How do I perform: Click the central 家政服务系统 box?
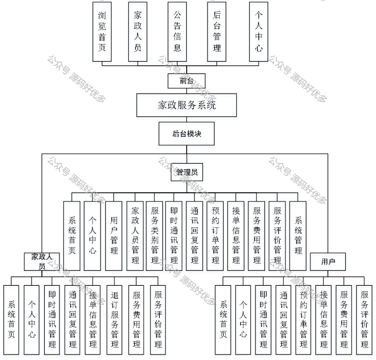[187, 105]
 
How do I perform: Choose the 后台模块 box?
[187, 134]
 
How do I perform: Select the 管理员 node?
[187, 172]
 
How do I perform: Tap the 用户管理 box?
[114, 235]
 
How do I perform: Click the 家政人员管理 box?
[135, 235]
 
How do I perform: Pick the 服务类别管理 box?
[155, 235]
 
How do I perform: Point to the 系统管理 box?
[298, 235]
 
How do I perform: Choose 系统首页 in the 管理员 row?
[72, 235]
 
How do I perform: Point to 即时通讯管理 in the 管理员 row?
[174, 235]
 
